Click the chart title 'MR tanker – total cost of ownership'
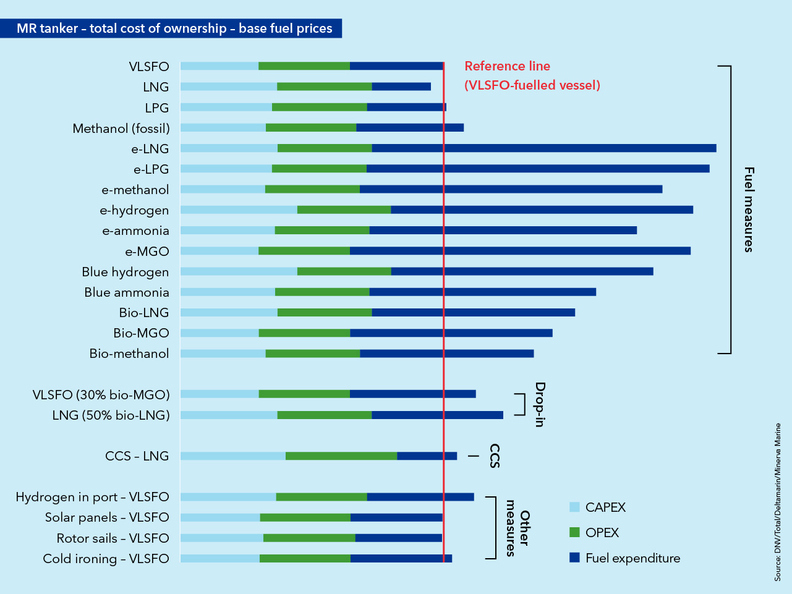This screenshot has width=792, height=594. click(x=174, y=28)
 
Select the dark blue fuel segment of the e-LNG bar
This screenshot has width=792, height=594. click(x=543, y=148)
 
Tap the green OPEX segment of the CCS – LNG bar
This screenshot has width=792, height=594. click(x=341, y=456)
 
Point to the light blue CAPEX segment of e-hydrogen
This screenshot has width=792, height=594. click(x=239, y=210)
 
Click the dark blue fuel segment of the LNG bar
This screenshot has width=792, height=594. click(x=401, y=87)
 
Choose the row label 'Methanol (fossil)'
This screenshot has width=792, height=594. click(x=121, y=129)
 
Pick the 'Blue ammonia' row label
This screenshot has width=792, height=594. click(x=126, y=292)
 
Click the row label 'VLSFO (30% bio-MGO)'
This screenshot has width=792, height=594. click(x=101, y=394)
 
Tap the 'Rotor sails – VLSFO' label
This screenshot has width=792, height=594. click(x=113, y=538)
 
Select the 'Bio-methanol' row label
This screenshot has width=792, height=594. click(x=129, y=354)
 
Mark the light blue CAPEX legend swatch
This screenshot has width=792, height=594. click(x=574, y=507)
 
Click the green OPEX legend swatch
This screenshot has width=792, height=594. click(x=574, y=533)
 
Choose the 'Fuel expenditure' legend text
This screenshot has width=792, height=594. click(x=632, y=558)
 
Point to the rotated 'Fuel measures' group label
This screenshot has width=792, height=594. click(x=749, y=210)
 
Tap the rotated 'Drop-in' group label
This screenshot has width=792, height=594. click(x=540, y=405)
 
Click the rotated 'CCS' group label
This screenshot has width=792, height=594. click(x=495, y=456)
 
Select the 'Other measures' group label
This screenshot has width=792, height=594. click(x=517, y=528)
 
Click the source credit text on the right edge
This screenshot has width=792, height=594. click(x=778, y=502)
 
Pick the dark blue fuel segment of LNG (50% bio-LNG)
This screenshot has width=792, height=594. click(x=437, y=415)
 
